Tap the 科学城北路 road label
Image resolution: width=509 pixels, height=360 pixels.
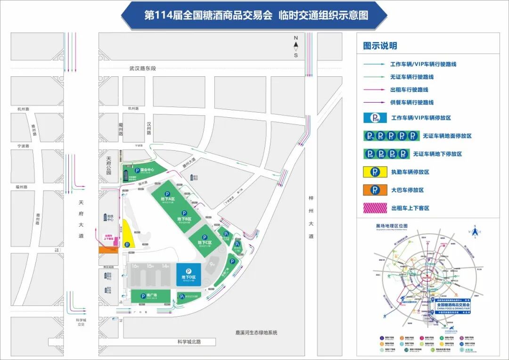pos(192,342)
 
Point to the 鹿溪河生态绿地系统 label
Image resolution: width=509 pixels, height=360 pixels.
pos(256,333)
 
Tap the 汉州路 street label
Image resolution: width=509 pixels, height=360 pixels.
pos(148,128)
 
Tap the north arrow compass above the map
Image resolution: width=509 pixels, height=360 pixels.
pos(296,46)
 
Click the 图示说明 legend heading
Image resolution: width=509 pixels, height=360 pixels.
pos(380,46)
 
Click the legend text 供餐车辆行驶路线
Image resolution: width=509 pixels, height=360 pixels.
pos(411,102)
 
